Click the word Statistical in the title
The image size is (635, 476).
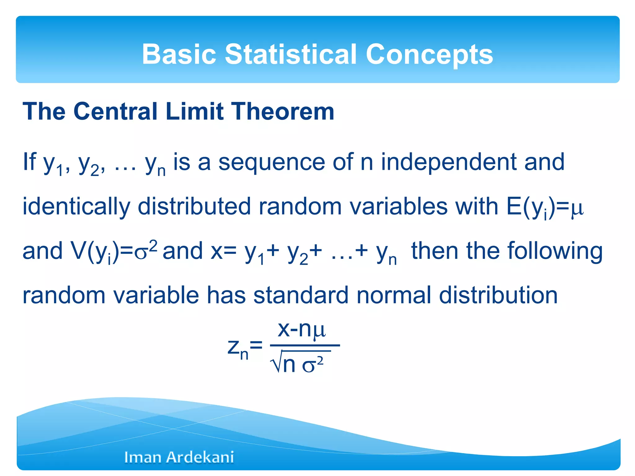pyautogui.click(x=291, y=54)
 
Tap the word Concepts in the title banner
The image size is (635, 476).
pyautogui.click(x=429, y=54)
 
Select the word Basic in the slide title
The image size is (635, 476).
pyautogui.click(x=179, y=54)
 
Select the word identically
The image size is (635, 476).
pyautogui.click(x=76, y=207)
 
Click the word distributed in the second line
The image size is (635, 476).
pyautogui.click(x=194, y=207)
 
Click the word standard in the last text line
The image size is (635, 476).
pyautogui.click(x=301, y=295)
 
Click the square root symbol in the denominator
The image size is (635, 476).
pyautogui.click(x=276, y=363)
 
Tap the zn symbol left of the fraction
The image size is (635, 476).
pyautogui.click(x=238, y=348)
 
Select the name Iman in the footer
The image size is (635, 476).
pyautogui.click(x=142, y=457)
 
